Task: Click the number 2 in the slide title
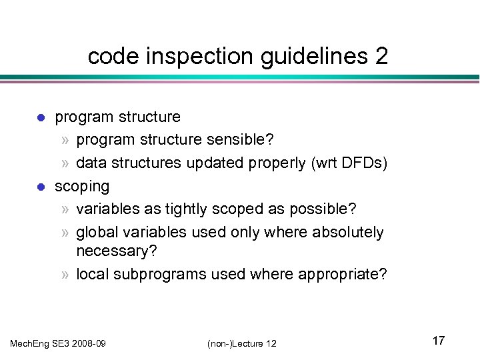click(x=380, y=57)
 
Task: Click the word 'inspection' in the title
click(x=189, y=57)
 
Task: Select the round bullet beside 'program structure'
click(x=40, y=118)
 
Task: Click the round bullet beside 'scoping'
click(x=40, y=186)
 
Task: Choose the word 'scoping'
click(x=81, y=186)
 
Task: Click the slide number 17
click(x=438, y=341)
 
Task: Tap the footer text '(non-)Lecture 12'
click(x=241, y=343)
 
